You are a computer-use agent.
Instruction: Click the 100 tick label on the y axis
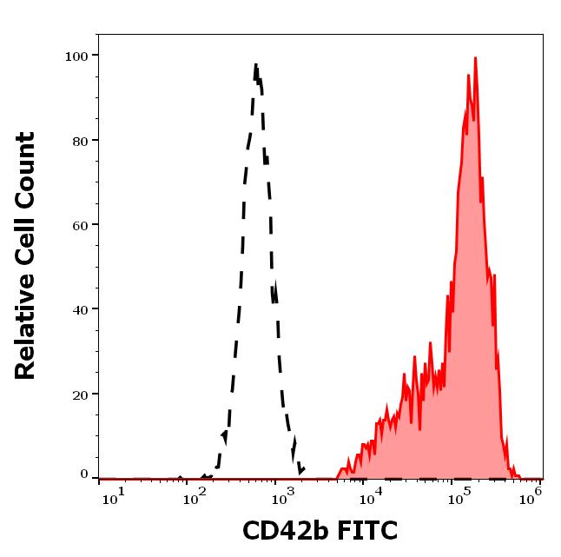76,56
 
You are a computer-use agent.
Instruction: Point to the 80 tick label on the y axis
80,140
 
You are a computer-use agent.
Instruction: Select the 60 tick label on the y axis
80,225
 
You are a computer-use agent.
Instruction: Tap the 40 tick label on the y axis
80,309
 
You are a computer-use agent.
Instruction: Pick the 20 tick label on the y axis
80,394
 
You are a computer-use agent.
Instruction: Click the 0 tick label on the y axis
84,474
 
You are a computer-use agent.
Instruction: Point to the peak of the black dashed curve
256,65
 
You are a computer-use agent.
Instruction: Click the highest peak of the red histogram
475,58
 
